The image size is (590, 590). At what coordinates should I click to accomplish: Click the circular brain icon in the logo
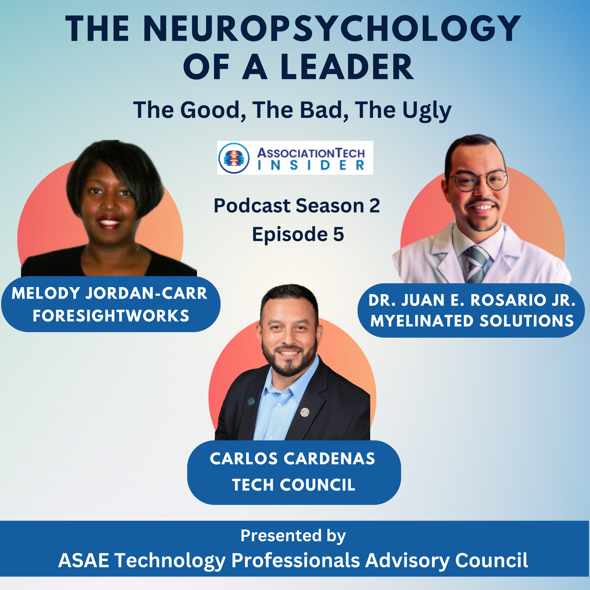click(234, 158)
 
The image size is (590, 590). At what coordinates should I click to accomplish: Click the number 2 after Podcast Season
click(374, 206)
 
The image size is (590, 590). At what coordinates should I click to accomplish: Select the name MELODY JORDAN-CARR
click(109, 293)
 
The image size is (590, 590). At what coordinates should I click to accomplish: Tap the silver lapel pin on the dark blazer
click(305, 412)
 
